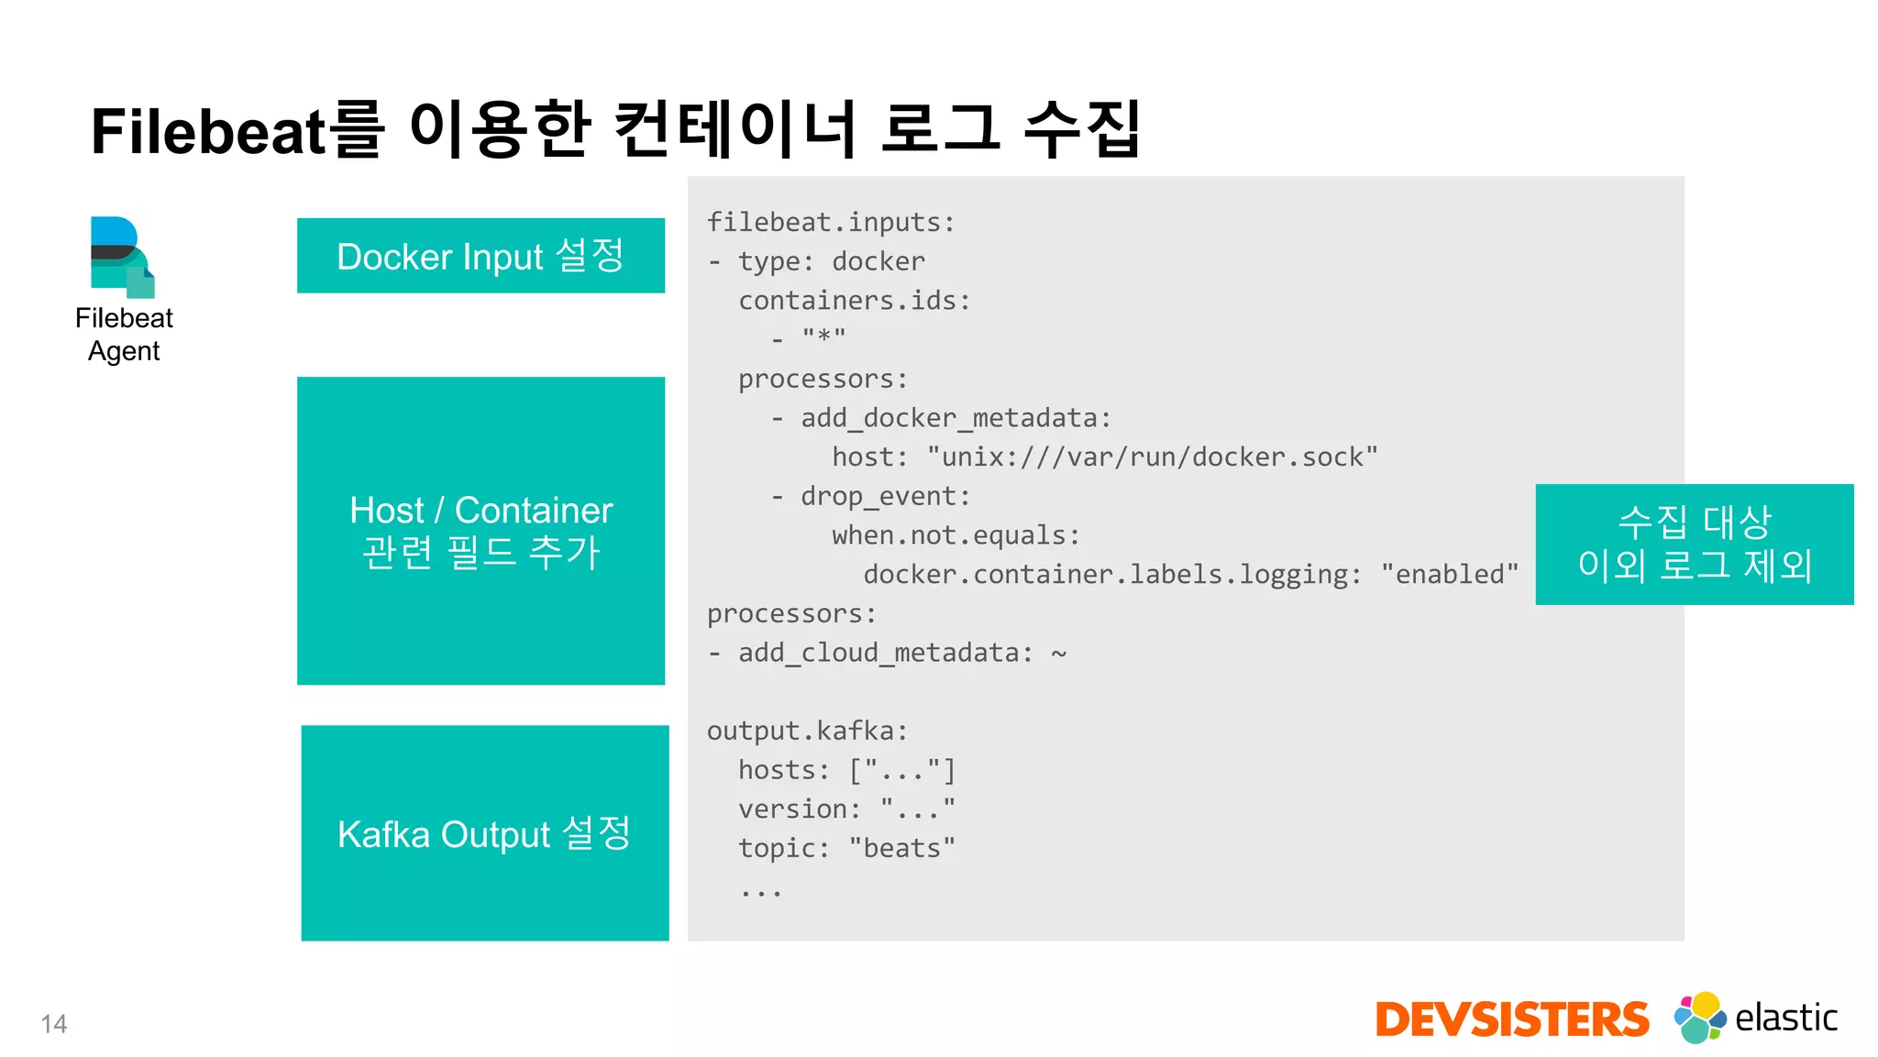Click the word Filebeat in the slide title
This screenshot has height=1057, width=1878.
point(207,131)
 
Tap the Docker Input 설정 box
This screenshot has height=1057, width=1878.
point(481,256)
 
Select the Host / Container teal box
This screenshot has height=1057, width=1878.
point(481,530)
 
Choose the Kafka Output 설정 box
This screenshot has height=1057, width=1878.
point(484,832)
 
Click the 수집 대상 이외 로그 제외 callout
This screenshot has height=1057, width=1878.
point(1694,544)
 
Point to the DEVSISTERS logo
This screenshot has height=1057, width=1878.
point(1511,1019)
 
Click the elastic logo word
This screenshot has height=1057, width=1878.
point(1785,1018)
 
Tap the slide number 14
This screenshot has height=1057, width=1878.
point(54,1024)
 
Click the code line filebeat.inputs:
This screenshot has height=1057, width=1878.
point(831,223)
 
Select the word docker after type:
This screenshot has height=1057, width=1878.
point(878,262)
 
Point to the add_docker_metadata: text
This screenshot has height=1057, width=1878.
point(955,418)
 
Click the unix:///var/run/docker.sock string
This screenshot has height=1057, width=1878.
point(1152,457)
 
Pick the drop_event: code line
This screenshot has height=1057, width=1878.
point(884,496)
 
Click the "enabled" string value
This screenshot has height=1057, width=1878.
point(1449,575)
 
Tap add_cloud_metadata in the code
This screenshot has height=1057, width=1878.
point(878,653)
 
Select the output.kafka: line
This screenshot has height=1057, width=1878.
point(807,731)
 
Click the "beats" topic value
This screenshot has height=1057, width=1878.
point(901,848)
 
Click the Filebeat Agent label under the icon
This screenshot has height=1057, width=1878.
point(124,335)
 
